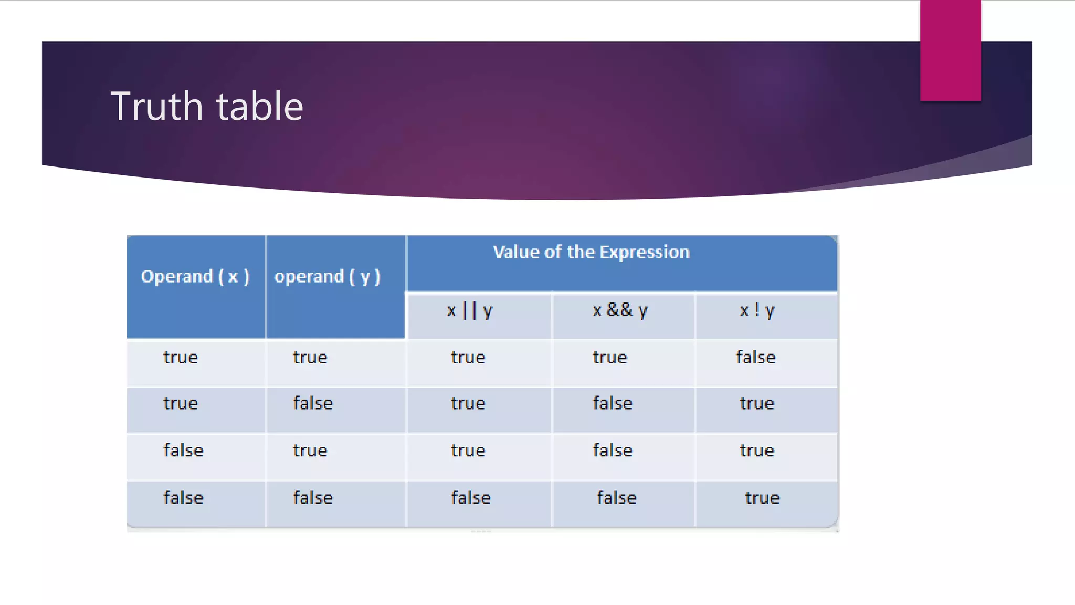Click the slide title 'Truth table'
[207, 106]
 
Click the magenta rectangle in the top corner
[950, 50]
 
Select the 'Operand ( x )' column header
[195, 276]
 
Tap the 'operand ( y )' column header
[327, 276]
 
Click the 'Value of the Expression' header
[591, 252]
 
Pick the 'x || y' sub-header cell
[470, 310]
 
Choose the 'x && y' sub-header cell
[620, 310]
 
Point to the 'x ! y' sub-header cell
[757, 310]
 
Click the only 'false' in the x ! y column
[755, 357]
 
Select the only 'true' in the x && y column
[609, 357]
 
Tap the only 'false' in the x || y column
[471, 497]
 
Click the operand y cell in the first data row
[310, 357]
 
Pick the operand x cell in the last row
[183, 497]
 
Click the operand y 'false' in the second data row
[313, 403]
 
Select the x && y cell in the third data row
[613, 450]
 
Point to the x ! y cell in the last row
[762, 497]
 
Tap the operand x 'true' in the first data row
[181, 357]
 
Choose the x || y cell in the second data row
[468, 403]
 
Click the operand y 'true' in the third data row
[310, 450]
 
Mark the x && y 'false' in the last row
[616, 497]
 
